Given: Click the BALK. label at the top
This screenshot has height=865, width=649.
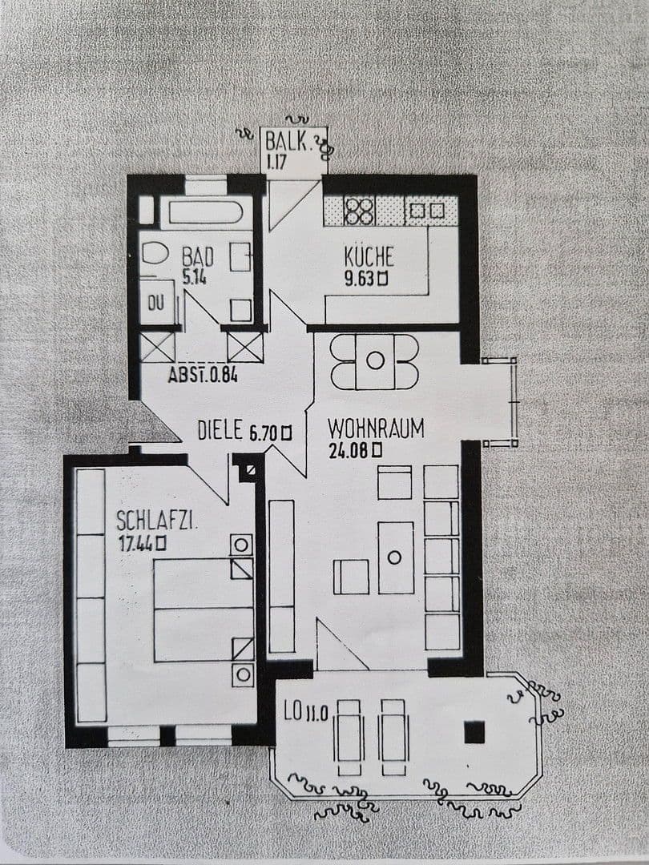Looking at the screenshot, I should click(x=287, y=143).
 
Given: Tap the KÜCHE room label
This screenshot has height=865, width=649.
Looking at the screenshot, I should click(x=369, y=257).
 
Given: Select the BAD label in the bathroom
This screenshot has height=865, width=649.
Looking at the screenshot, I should click(x=197, y=257).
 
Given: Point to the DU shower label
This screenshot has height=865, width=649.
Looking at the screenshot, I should click(x=156, y=304).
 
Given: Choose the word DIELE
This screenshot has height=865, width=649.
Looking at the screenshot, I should click(x=220, y=431).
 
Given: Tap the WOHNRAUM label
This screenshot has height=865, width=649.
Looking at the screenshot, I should click(x=375, y=428).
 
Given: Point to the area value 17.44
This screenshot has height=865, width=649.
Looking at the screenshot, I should click(x=135, y=543).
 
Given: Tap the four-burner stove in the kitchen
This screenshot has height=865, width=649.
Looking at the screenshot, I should click(x=359, y=211).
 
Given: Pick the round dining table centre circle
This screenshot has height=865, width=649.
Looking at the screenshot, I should click(x=375, y=361).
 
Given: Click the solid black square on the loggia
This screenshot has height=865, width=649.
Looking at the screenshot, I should click(x=475, y=731).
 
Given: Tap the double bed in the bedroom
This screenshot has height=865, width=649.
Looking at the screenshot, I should click(x=204, y=610).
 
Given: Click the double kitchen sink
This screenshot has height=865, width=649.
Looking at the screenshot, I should click(x=425, y=211).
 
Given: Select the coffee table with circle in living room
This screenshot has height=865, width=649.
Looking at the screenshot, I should click(x=395, y=557).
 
